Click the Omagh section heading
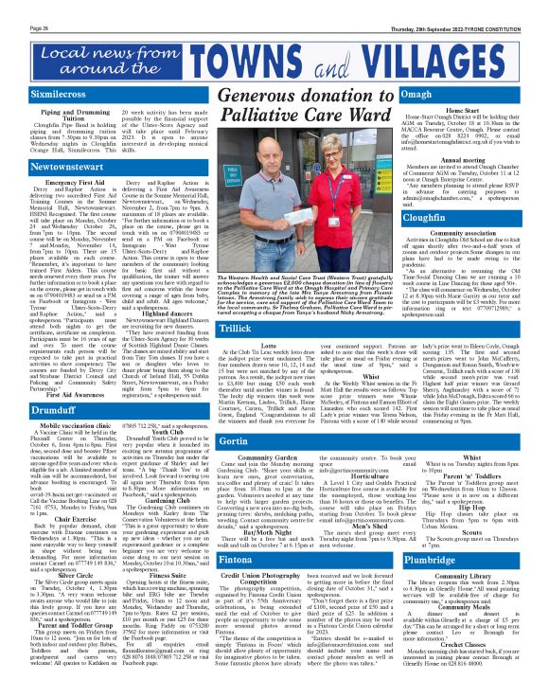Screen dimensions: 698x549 click(x=417, y=96)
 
